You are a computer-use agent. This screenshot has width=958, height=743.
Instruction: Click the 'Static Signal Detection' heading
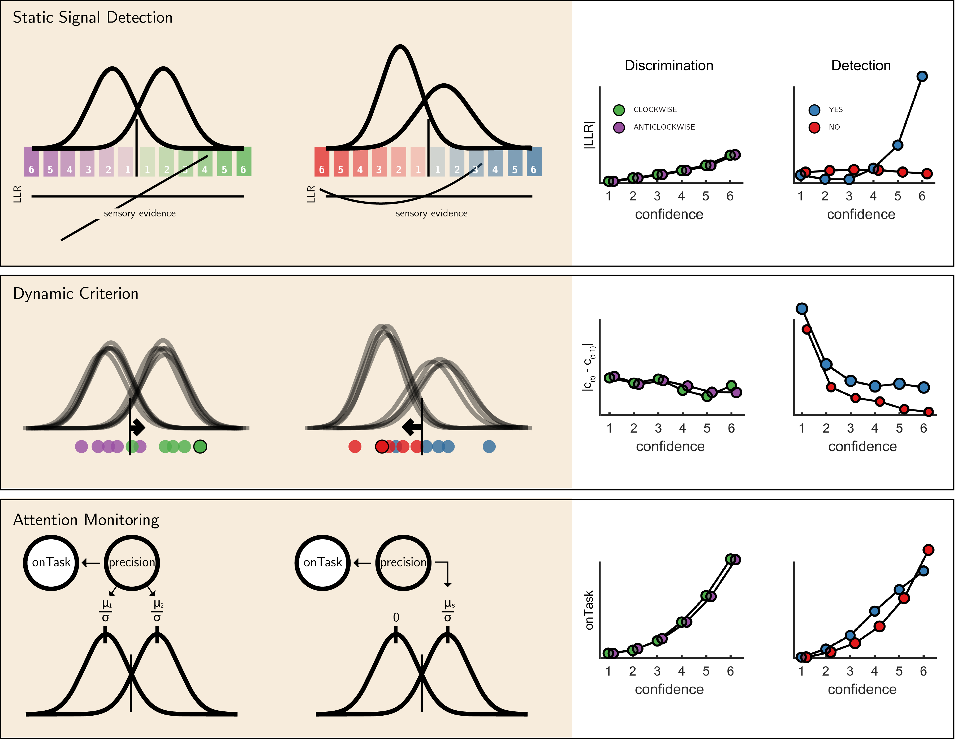(93, 18)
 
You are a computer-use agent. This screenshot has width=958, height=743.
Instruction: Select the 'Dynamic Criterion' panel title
(76, 294)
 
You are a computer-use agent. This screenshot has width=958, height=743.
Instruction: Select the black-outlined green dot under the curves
(200, 447)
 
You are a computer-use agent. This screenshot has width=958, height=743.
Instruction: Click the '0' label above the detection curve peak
(396, 617)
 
